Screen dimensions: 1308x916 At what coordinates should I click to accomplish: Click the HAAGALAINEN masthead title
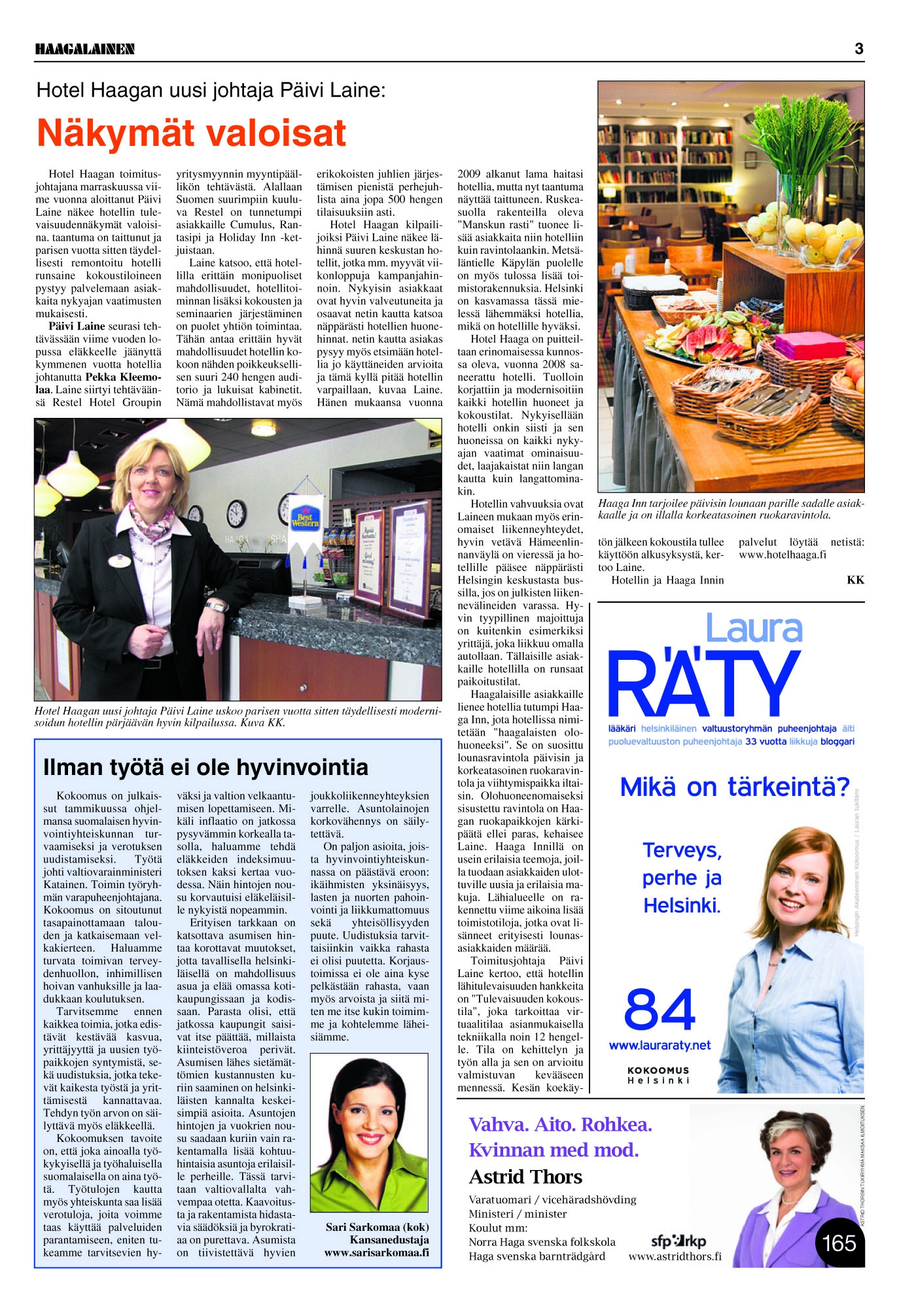[85, 49]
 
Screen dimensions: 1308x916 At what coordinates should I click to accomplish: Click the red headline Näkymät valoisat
[191, 133]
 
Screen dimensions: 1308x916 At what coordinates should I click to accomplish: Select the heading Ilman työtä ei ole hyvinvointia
[205, 767]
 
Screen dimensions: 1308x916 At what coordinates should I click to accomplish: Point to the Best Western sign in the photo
[305, 516]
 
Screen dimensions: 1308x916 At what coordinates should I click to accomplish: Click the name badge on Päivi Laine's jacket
[120, 560]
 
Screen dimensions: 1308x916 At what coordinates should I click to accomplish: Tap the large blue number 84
[660, 1009]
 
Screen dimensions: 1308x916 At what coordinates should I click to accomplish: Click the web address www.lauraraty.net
[660, 1045]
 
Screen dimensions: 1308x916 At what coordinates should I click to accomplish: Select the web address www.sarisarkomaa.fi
[377, 1252]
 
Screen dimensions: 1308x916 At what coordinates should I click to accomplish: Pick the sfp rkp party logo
[678, 1241]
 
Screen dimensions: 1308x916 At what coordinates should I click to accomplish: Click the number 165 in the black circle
[839, 1243]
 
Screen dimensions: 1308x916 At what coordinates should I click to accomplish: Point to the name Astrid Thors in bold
[525, 1177]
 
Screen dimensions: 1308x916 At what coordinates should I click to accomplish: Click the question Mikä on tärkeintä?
[734, 787]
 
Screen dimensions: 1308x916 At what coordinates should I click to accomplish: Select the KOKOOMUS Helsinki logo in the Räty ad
[658, 1075]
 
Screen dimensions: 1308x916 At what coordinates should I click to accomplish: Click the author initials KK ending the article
[855, 580]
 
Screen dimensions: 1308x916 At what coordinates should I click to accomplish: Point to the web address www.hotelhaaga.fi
[783, 555]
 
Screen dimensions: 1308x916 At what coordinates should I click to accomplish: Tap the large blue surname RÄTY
[704, 683]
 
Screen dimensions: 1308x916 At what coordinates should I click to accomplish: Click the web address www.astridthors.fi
[675, 1256]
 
